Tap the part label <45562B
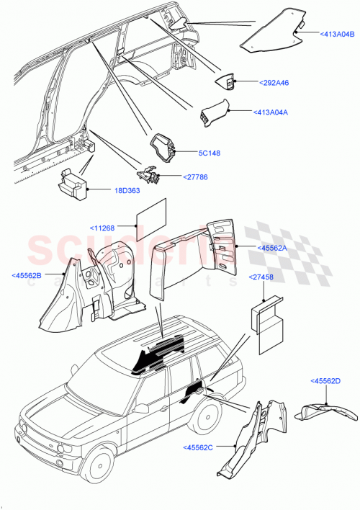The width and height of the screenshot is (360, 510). [x=27, y=274]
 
